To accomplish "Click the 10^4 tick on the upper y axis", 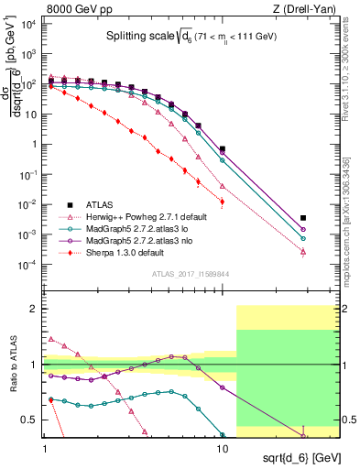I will (x=28, y=24).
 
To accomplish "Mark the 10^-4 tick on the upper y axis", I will (x=28, y=265).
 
